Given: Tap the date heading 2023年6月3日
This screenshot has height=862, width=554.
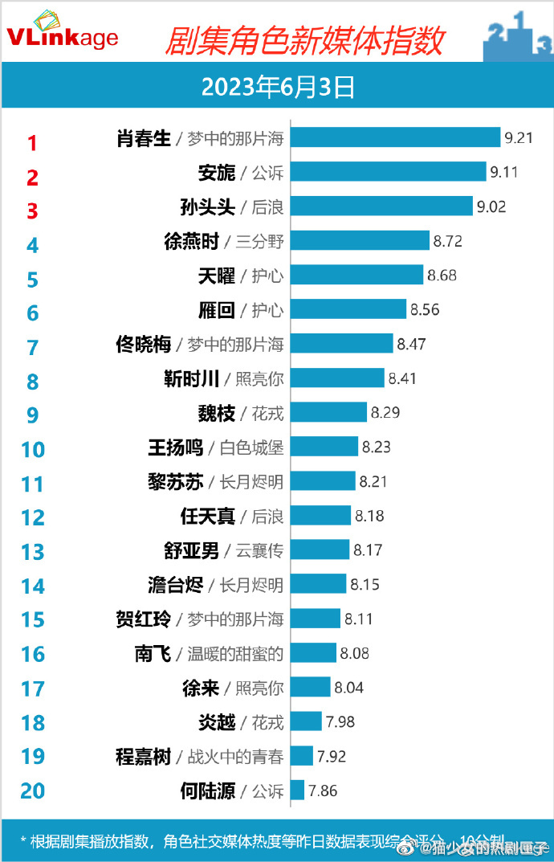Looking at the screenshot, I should coord(278,87).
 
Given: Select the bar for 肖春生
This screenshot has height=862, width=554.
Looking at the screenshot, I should coord(394,138).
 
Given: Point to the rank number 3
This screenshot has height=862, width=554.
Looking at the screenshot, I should coord(32,211).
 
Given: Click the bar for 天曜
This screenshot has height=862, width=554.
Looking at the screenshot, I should coord(356,276).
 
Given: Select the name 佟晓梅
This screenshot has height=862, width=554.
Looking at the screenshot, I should coord(144,345).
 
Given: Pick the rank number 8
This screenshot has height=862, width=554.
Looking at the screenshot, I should coord(32,382).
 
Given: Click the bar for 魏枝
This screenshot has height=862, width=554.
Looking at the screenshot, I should coord(328,413).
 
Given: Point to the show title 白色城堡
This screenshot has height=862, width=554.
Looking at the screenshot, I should coord(251,447).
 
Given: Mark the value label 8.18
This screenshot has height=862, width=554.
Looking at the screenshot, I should coord(369,516).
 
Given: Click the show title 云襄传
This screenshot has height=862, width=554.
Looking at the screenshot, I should coord(259,550).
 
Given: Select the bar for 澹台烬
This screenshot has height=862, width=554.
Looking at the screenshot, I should coord(318,584).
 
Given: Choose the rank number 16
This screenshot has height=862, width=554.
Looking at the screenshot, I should coord(33,655).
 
